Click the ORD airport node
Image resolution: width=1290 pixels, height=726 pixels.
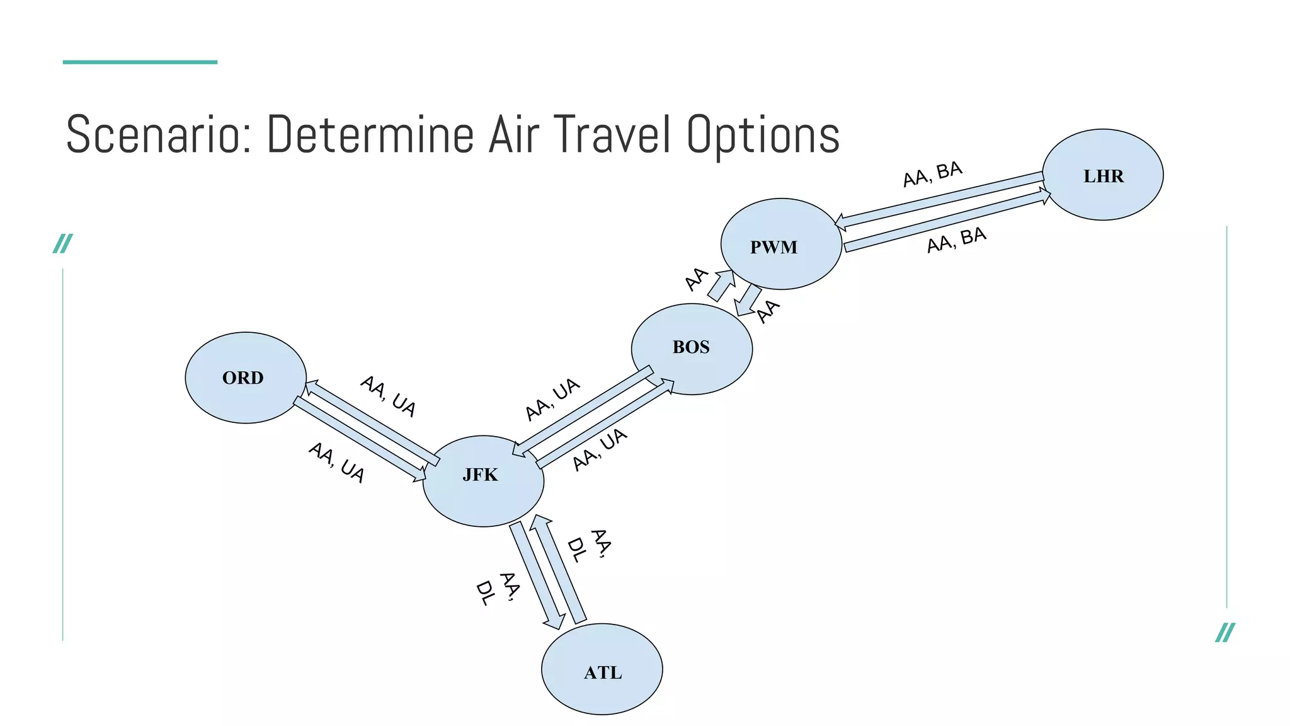coord(246,377)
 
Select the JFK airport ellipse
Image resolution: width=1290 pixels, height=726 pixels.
coord(483,481)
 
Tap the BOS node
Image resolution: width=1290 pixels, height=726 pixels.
coord(692,349)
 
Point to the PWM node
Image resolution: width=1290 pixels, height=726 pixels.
coord(781,244)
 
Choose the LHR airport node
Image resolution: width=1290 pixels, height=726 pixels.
coord(1102,175)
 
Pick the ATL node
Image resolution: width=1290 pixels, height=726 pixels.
coord(602,669)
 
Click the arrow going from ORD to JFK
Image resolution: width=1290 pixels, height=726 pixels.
coord(359,439)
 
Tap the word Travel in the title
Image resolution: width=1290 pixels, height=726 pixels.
coord(610,134)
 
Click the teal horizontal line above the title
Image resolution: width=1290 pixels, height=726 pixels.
coord(140,62)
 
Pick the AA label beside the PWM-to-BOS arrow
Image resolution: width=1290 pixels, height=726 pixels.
coord(768,311)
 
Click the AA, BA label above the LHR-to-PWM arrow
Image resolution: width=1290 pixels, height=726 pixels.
coord(932,174)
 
